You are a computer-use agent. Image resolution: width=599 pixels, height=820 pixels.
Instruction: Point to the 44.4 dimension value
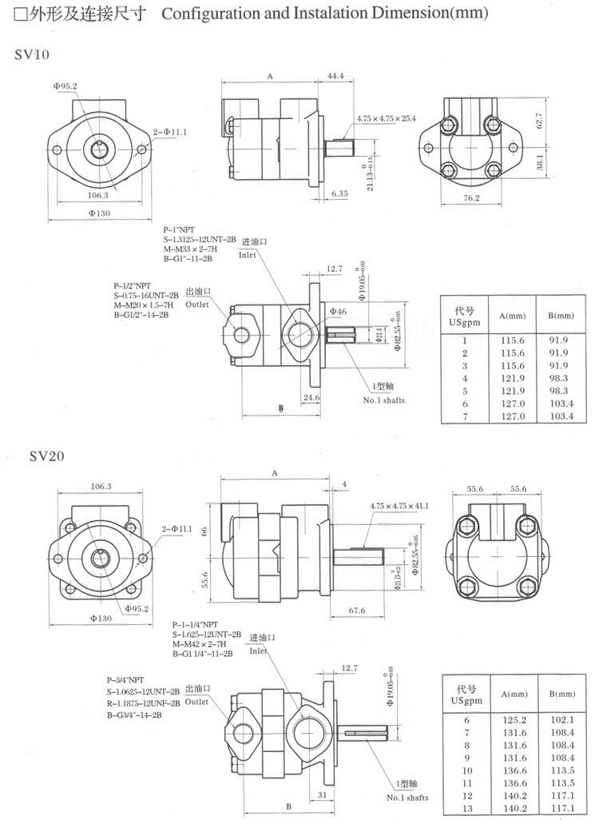335,76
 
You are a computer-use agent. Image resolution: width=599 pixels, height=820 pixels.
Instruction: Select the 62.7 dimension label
541,121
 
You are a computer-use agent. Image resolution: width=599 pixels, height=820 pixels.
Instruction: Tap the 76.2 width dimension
471,198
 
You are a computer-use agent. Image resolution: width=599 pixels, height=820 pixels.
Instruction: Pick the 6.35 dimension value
339,193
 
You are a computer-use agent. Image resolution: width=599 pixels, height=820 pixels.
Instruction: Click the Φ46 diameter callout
338,310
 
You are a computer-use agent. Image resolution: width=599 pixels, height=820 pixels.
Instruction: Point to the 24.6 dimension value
311,396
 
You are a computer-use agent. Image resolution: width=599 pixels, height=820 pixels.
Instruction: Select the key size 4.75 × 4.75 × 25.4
387,118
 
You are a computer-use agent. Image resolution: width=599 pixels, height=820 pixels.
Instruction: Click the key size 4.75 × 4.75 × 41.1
399,505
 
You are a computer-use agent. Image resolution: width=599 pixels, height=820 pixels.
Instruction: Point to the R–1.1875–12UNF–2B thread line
145,704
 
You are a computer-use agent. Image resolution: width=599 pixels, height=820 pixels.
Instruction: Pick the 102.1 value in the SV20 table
562,719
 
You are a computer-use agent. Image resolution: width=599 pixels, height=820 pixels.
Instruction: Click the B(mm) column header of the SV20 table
561,693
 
